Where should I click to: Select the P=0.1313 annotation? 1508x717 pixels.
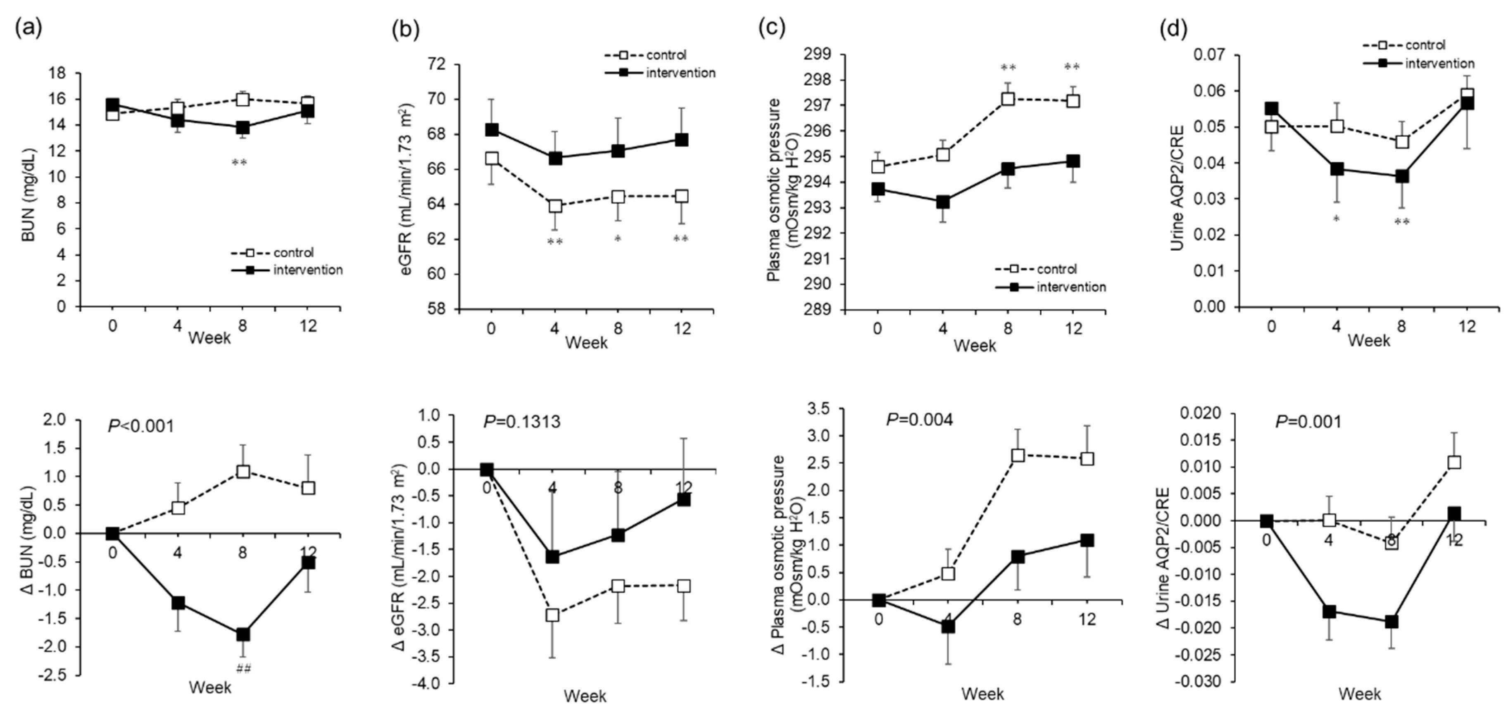[x=521, y=421]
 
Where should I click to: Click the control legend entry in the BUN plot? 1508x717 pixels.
[x=293, y=252]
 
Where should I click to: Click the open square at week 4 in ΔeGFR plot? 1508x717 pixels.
[x=552, y=615]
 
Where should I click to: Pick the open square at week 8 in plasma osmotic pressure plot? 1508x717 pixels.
[x=1008, y=99]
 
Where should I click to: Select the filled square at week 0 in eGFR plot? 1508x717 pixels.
[x=492, y=129]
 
